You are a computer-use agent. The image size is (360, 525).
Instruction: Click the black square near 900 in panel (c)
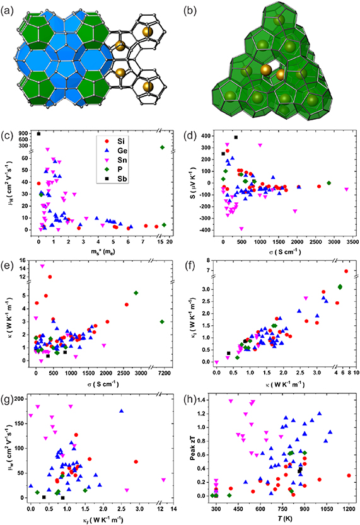(x=38, y=134)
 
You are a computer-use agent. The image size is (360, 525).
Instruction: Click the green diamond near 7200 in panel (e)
(x=163, y=321)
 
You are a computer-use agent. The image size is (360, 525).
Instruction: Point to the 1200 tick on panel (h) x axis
(x=349, y=507)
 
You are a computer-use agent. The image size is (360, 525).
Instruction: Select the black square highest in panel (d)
(x=235, y=137)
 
